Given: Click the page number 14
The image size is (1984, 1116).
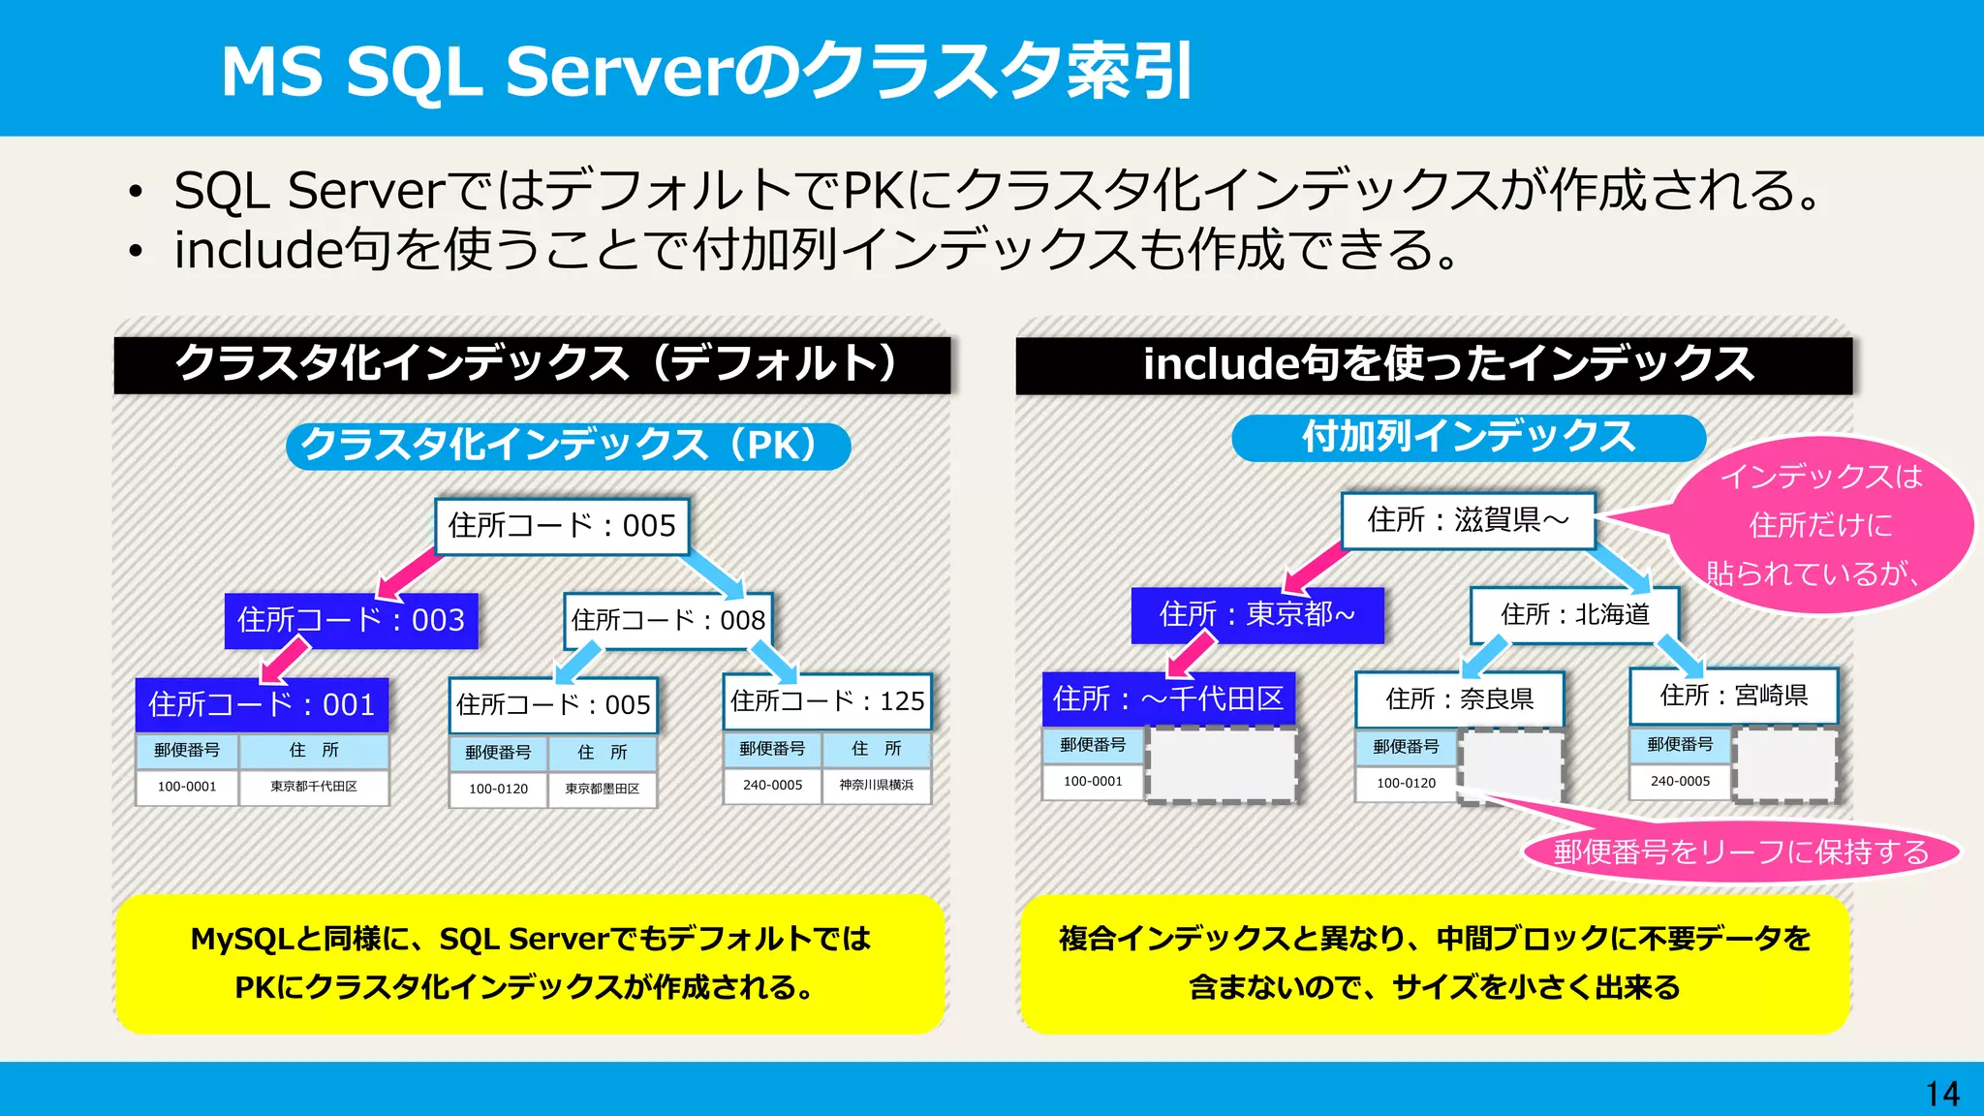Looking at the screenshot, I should pyautogui.click(x=1942, y=1094).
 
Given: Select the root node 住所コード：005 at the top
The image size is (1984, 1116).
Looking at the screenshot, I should pyautogui.click(x=562, y=526).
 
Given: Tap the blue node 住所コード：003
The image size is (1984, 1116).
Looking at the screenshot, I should pyautogui.click(x=351, y=620).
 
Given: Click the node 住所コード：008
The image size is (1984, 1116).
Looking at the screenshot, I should pyautogui.click(x=667, y=620).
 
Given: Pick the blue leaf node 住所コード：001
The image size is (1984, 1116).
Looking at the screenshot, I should pyautogui.click(x=262, y=704).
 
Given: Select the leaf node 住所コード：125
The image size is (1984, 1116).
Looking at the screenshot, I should pyautogui.click(x=827, y=700).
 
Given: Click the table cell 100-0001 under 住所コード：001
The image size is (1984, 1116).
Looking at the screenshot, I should pyautogui.click(x=187, y=787).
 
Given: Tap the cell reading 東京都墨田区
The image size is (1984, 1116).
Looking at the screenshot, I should pyautogui.click(x=602, y=789).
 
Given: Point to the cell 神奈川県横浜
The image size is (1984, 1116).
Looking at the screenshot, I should pyautogui.click(x=876, y=785).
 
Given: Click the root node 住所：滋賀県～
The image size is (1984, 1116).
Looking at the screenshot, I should pyautogui.click(x=1468, y=520).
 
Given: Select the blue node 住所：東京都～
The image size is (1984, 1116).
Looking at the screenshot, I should pyautogui.click(x=1257, y=614).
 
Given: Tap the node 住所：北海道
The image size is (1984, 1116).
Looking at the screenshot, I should pyautogui.click(x=1574, y=614).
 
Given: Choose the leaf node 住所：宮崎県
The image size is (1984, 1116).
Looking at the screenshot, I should pyautogui.click(x=1733, y=696).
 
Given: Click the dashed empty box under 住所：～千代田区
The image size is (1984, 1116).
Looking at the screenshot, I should pyautogui.click(x=1221, y=765).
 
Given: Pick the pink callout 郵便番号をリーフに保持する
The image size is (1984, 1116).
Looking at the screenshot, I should pyautogui.click(x=1741, y=852).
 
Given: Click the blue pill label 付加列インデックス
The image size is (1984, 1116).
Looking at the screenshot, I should pyautogui.click(x=1468, y=438).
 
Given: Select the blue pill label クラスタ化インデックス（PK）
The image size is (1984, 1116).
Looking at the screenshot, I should pyautogui.click(x=568, y=446).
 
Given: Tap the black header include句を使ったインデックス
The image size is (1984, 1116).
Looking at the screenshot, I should pyautogui.click(x=1434, y=364).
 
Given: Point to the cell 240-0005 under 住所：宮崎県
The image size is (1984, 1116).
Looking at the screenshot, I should pyautogui.click(x=1680, y=781).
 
